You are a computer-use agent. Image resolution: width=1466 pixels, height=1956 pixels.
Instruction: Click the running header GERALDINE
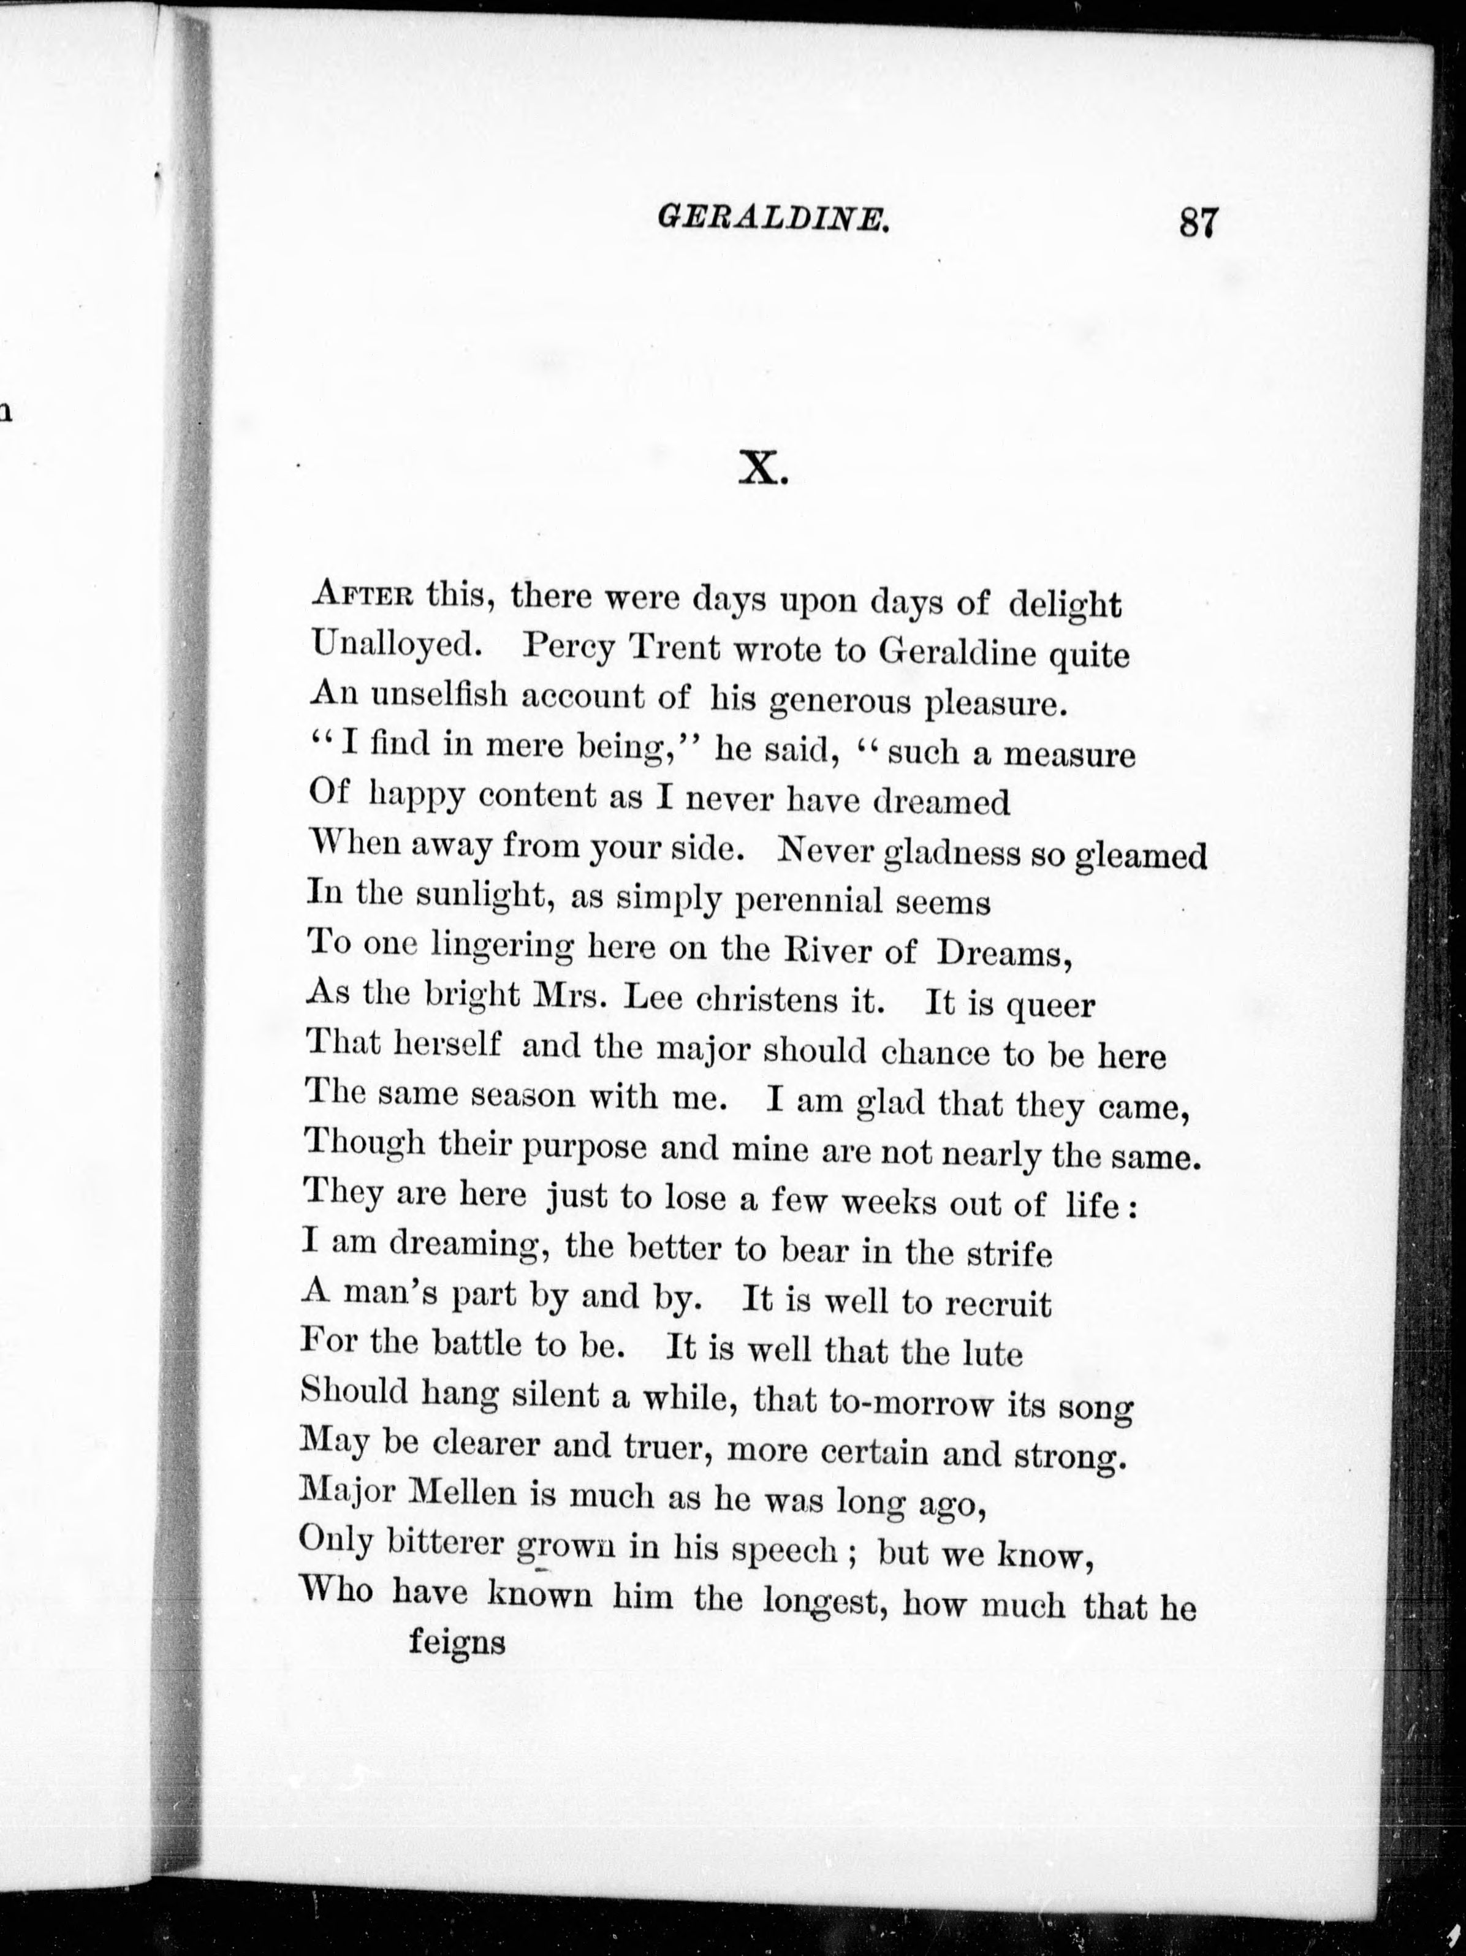(773, 219)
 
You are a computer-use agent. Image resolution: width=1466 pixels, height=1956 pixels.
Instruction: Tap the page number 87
(1198, 222)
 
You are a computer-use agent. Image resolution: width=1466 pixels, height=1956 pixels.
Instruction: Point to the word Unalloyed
(397, 645)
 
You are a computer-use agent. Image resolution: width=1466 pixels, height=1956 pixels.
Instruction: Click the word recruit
(998, 1303)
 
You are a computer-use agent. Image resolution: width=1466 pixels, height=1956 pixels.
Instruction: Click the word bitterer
(446, 1542)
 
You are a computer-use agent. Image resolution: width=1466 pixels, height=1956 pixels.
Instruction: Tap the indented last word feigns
(456, 1642)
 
